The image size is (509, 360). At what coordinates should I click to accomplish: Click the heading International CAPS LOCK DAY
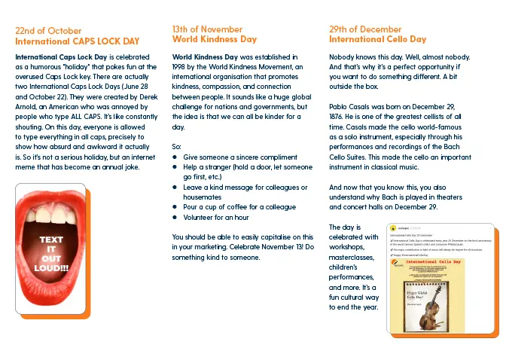[78, 41]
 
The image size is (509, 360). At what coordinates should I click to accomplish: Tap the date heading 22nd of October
[49, 30]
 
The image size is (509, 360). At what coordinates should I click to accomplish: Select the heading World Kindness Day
[215, 39]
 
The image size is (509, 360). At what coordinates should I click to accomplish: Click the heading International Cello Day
[377, 39]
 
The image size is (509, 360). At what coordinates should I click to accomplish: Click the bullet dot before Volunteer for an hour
[175, 218]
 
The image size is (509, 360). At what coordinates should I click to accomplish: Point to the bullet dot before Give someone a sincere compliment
[175, 157]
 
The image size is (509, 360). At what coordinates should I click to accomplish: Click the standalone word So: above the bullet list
[177, 145]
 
